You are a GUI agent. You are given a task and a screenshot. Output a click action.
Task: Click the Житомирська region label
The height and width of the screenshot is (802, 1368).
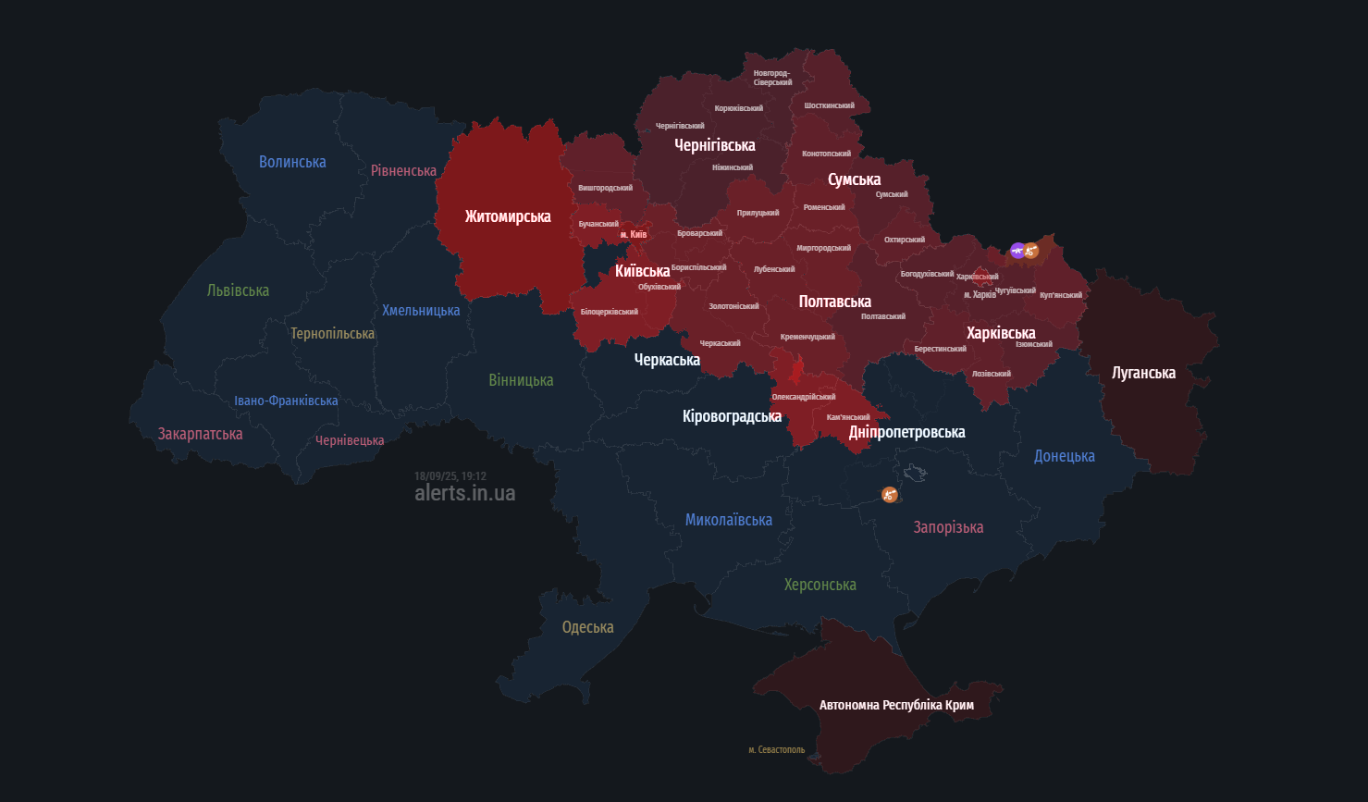(508, 216)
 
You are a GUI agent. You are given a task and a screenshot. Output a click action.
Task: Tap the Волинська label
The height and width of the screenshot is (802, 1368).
(292, 162)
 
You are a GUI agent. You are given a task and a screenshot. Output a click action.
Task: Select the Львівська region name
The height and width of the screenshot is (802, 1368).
(238, 290)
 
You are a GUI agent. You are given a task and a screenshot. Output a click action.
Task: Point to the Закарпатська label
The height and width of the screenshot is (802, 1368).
(200, 434)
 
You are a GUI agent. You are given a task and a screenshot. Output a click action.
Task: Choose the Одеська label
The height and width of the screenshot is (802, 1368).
(587, 627)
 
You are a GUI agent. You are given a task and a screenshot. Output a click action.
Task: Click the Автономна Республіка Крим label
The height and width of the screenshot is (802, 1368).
(896, 705)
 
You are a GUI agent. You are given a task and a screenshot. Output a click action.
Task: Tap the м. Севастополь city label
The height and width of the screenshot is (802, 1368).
(776, 749)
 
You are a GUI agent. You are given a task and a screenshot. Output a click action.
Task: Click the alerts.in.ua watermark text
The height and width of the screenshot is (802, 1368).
(464, 493)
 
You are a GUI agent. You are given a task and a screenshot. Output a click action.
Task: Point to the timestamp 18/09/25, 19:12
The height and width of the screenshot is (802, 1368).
(450, 476)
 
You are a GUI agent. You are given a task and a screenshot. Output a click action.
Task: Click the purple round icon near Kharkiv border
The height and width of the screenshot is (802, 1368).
(1017, 250)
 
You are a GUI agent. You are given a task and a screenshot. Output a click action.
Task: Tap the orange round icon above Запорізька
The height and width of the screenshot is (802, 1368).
(889, 495)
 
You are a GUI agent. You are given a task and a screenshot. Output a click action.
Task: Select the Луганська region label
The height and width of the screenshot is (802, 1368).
(1143, 373)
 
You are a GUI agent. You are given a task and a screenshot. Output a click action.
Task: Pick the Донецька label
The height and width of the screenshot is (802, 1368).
(1064, 456)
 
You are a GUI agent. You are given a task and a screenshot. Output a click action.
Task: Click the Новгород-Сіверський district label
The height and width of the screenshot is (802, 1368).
(772, 78)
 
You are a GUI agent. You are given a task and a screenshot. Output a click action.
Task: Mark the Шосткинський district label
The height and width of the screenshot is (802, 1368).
(829, 105)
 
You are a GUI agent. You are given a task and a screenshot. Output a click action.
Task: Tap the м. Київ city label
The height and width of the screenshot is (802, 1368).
(634, 234)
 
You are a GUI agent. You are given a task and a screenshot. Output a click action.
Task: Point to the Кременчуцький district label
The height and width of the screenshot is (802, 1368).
(807, 337)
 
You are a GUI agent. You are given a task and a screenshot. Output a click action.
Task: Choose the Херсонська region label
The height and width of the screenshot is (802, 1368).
(820, 585)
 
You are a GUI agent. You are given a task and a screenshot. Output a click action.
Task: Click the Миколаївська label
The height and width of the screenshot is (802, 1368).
(728, 520)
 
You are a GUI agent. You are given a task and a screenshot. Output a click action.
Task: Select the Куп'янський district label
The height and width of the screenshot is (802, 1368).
(1060, 295)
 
